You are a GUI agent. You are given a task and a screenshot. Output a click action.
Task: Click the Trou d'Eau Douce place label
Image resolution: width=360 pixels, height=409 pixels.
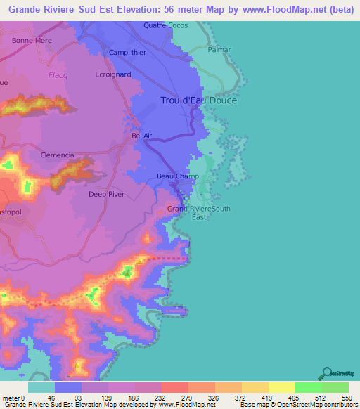tap(199, 100)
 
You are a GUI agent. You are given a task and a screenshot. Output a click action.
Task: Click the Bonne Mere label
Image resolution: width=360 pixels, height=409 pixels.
tap(29, 41)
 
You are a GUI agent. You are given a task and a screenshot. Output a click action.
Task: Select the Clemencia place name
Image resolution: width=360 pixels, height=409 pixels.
tap(58, 155)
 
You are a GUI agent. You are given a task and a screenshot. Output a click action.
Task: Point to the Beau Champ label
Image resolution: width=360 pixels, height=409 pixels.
tap(177, 176)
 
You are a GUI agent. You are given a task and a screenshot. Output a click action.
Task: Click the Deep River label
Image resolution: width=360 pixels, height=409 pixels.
tap(106, 194)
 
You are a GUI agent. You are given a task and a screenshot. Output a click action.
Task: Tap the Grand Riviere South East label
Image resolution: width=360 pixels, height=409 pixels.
tap(199, 212)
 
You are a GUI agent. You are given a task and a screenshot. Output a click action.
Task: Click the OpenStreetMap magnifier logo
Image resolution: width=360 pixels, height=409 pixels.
tap(326, 373)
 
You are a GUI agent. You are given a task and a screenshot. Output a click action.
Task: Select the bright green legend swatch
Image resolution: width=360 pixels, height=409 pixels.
tap(308, 388)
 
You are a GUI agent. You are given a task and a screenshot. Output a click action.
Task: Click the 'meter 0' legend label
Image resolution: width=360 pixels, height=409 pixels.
tap(13, 398)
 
